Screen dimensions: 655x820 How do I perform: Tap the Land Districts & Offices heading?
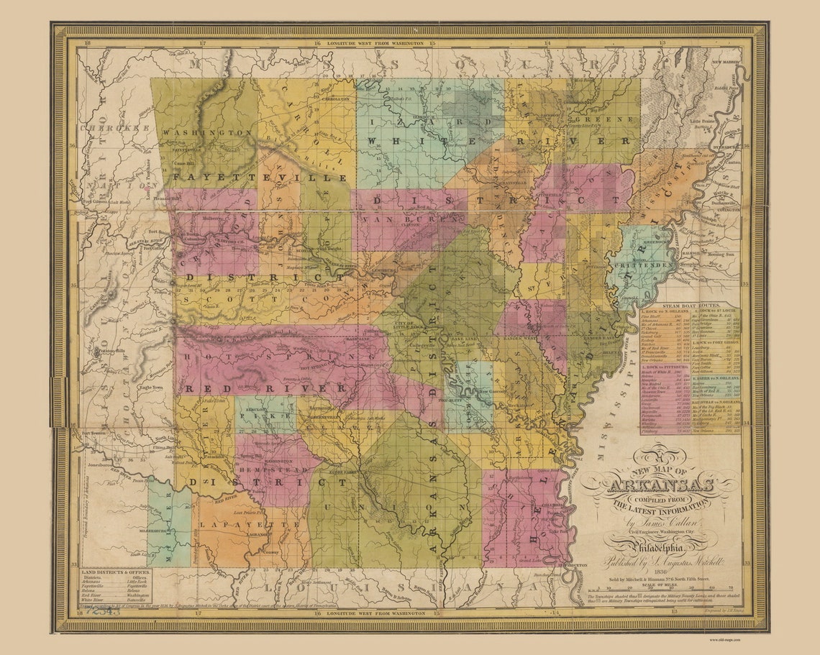[116, 572]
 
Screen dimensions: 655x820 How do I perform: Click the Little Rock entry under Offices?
[138, 582]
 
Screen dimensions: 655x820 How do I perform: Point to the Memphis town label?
[701, 264]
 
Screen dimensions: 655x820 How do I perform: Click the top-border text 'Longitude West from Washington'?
[374, 42]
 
